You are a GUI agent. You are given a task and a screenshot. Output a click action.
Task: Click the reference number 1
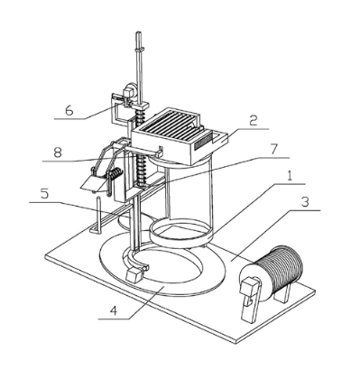[x=289, y=176]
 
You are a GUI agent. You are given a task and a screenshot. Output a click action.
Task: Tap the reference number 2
[x=253, y=121]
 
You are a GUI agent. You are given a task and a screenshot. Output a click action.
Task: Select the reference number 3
[x=305, y=202]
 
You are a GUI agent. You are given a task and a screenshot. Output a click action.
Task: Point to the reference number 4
[x=113, y=310]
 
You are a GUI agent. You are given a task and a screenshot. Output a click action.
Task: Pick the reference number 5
[x=44, y=194]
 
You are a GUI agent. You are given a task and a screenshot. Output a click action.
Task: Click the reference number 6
[x=69, y=111]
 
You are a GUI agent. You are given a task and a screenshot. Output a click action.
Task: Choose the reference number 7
[x=273, y=149]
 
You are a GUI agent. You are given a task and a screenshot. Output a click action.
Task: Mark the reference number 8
[x=58, y=153]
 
